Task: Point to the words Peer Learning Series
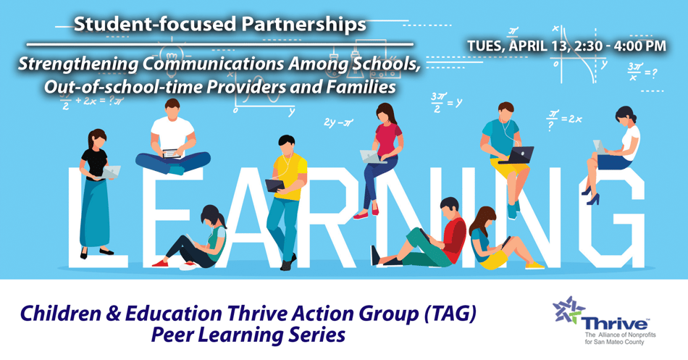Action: pos(248,336)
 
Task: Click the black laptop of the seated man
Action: pos(516,154)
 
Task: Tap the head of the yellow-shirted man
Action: pos(288,144)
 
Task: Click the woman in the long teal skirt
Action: pos(96,192)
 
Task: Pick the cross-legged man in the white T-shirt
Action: pos(173,141)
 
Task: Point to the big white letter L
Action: pos(91,217)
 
